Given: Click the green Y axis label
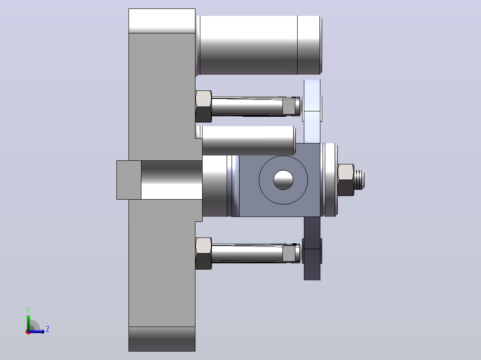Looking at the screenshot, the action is (x=28, y=310).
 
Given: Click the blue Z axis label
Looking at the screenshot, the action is (x=48, y=329).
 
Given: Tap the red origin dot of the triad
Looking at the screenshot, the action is (x=28, y=332).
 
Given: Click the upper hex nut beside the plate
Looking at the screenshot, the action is (x=203, y=106).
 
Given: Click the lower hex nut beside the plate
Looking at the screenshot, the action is (x=203, y=254).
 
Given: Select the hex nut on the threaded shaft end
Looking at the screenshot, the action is (x=346, y=180).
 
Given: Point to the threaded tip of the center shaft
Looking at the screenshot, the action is (x=359, y=180).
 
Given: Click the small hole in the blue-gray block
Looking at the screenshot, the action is (x=283, y=180).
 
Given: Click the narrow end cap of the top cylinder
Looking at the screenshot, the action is (x=309, y=45).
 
